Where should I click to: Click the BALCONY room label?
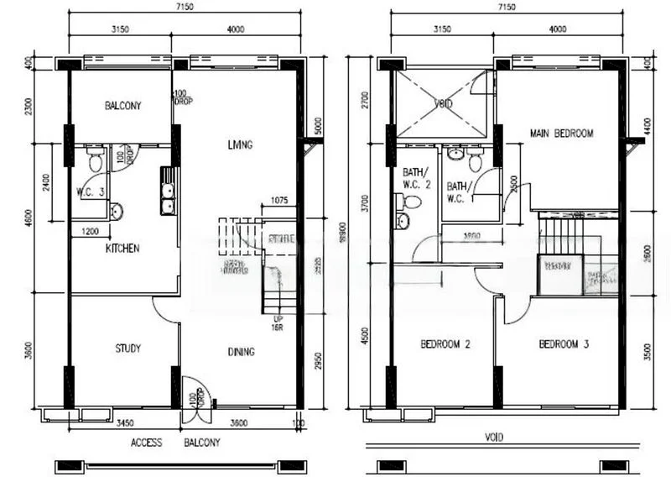click(x=122, y=106)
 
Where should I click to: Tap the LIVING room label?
click(x=239, y=144)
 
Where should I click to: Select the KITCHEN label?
click(x=122, y=249)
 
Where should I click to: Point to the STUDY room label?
click(x=127, y=349)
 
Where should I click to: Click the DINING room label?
click(x=241, y=352)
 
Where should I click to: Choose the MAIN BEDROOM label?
click(x=561, y=134)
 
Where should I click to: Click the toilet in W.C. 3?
click(x=95, y=159)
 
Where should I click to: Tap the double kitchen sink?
click(x=168, y=194)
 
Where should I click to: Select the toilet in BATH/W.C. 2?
click(x=410, y=202)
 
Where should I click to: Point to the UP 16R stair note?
click(x=277, y=324)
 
